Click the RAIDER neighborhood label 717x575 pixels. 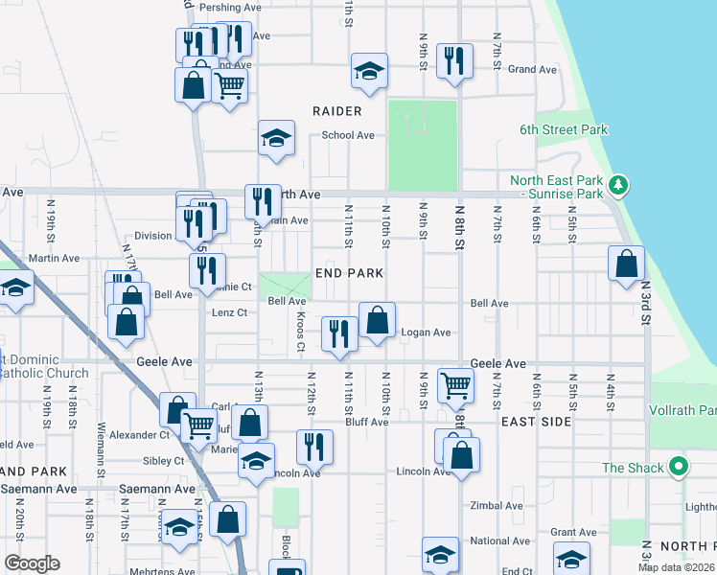(x=337, y=111)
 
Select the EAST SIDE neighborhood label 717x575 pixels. (x=536, y=422)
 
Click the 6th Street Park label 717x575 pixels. (x=564, y=130)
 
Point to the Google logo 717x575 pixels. (x=32, y=563)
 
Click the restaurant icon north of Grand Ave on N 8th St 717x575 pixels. (x=452, y=60)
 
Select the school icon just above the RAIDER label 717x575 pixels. (x=369, y=70)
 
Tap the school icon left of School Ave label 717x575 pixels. (x=275, y=138)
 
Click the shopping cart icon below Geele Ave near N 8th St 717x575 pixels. (x=455, y=385)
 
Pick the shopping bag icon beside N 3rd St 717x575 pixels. (x=626, y=264)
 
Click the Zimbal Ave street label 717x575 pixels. (x=497, y=505)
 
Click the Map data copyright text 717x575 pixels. (x=677, y=567)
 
